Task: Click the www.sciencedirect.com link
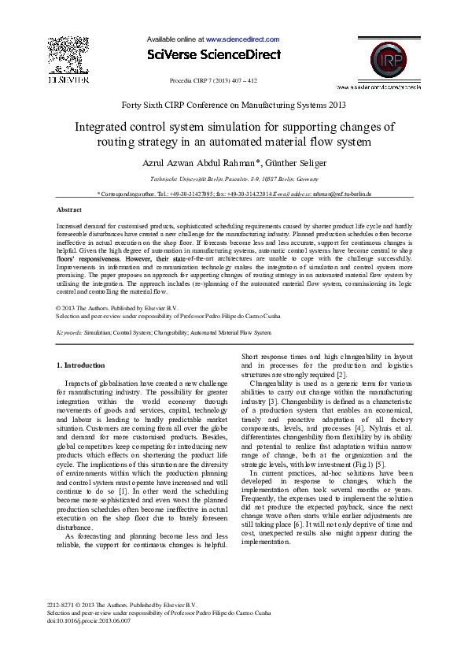242,39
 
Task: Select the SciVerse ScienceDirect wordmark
213,54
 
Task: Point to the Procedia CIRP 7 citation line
213,80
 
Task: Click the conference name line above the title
234,104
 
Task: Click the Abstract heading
69,209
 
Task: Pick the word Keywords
69,333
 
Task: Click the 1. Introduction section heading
81,365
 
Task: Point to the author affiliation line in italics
234,179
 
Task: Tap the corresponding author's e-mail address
341,194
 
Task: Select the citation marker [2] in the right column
330,374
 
